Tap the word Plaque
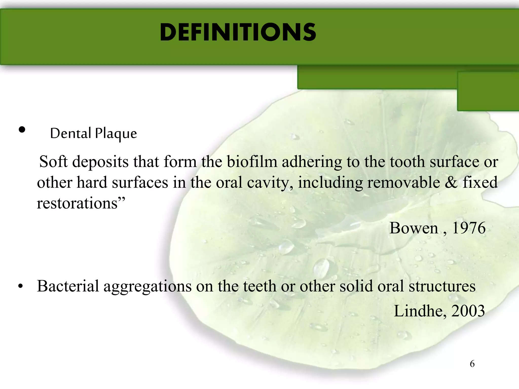click(x=116, y=133)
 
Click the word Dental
click(x=70, y=133)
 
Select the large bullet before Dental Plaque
click(x=22, y=130)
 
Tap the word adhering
click(x=312, y=162)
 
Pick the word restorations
click(x=77, y=203)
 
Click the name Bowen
click(x=414, y=228)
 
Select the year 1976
click(x=469, y=228)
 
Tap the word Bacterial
click(x=68, y=286)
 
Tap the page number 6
click(x=472, y=364)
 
